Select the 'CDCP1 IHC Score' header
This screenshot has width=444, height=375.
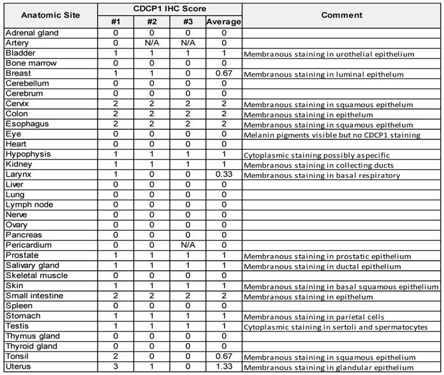tap(169, 9)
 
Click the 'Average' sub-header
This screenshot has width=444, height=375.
tap(223, 22)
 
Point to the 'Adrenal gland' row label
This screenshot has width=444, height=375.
tap(32, 33)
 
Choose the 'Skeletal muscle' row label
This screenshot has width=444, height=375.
tap(35, 276)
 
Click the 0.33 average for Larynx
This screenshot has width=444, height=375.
tap(223, 175)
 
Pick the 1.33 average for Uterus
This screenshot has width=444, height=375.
tap(223, 367)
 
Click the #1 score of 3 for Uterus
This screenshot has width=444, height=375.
tap(115, 367)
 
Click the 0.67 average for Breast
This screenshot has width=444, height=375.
tap(223, 73)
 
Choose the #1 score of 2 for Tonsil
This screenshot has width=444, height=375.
tap(115, 357)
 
